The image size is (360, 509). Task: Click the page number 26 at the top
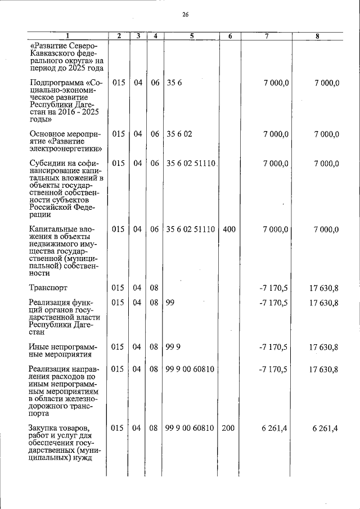pyautogui.click(x=185, y=15)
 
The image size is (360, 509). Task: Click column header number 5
pyautogui.click(x=192, y=36)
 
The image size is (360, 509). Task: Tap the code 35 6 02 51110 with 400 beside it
pyautogui.click(x=191, y=229)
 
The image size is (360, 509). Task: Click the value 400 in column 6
pyautogui.click(x=229, y=229)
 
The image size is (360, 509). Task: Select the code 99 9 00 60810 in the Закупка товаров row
pyautogui.click(x=190, y=428)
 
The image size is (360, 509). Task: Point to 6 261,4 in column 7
pyautogui.click(x=275, y=428)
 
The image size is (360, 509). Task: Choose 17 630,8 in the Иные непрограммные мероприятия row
pyautogui.click(x=323, y=347)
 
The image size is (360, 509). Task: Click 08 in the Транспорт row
pyautogui.click(x=154, y=288)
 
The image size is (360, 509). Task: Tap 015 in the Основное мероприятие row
pyautogui.click(x=118, y=134)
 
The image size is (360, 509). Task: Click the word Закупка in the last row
pyautogui.click(x=44, y=428)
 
